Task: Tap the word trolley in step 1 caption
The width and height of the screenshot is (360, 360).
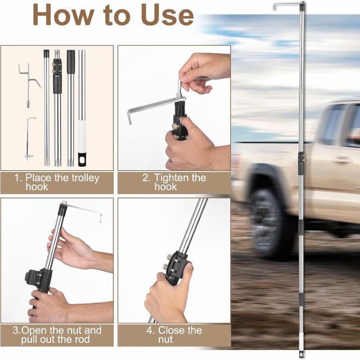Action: coord(85,178)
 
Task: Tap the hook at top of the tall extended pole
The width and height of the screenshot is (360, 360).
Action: coord(289,5)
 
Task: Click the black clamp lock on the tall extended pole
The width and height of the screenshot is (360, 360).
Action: coord(301,162)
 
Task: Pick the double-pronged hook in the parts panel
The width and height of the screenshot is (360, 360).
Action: coord(29,85)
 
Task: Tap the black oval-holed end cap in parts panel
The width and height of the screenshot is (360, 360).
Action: coord(82,159)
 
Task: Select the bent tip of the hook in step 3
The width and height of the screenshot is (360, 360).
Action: coord(101,218)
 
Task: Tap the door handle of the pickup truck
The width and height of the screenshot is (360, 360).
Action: coord(342,160)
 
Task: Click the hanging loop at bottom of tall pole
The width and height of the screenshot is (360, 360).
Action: coord(301,353)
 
